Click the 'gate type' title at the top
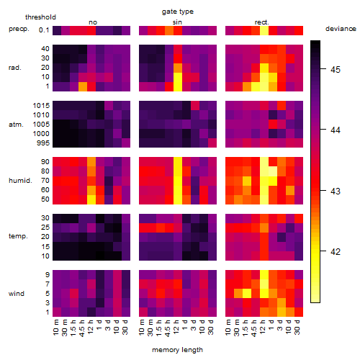tap(178, 12)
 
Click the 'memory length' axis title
tap(177, 350)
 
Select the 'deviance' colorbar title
tap(341, 29)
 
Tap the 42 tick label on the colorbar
tap(336, 251)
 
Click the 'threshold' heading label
tap(40, 17)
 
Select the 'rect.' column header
tap(262, 22)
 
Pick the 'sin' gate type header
tap(177, 22)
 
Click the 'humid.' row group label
tap(20, 181)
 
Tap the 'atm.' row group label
tap(16, 125)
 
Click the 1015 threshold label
tap(41, 106)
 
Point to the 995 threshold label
tap(43, 143)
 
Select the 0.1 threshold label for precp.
tap(44, 30)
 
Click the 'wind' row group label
tap(17, 293)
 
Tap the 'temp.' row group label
tap(18, 236)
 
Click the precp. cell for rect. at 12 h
tap(264, 30)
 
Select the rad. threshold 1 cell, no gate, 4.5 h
tap(83, 86)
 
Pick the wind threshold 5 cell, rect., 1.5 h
tap(247, 293)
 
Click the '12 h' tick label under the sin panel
tap(176, 327)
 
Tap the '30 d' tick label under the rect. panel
tap(297, 327)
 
